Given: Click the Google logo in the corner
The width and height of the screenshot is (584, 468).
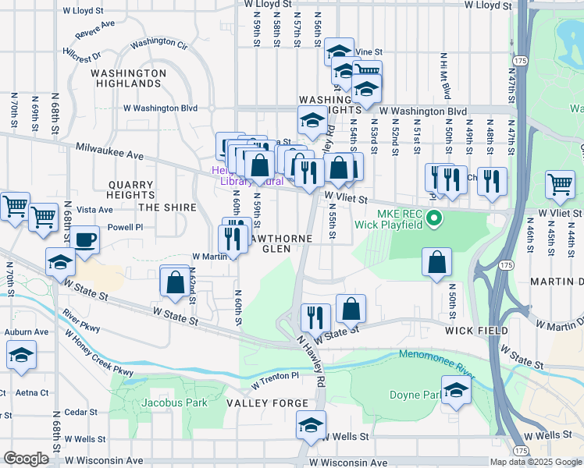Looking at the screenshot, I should [26, 459].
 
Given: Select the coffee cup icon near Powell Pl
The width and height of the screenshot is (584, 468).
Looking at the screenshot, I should [86, 239].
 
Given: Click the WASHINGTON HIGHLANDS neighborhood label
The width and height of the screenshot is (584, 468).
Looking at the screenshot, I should [127, 78].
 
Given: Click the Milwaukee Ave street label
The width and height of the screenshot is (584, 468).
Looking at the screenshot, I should [110, 151].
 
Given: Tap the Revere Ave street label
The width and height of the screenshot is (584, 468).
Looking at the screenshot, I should [94, 34].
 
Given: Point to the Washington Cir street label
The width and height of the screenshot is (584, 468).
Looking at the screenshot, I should [160, 44].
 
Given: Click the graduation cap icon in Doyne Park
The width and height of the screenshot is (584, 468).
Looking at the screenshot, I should [456, 391].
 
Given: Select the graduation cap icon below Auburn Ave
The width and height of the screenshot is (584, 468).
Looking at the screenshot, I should [21, 355].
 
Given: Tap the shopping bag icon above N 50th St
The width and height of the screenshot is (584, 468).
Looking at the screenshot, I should [437, 262].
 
